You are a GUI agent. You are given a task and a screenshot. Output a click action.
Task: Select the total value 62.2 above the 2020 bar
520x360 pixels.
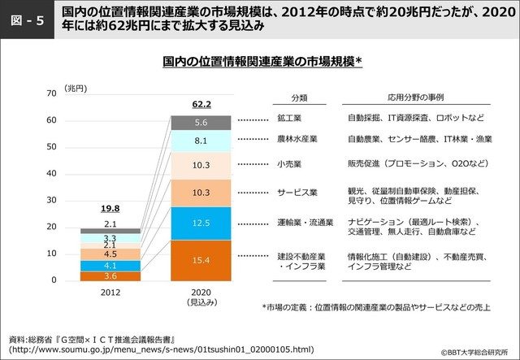click(201, 104)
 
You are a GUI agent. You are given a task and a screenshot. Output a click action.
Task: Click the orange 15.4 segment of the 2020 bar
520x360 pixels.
click(201, 260)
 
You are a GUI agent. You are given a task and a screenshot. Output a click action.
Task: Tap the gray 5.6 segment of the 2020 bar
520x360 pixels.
click(201, 123)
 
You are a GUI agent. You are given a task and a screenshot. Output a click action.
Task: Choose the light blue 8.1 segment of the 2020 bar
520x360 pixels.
click(201, 141)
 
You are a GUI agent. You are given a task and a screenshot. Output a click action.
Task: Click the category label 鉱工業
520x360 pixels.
click(289, 118)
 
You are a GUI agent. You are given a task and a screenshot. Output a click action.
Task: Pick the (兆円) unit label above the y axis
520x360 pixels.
click(76, 87)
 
